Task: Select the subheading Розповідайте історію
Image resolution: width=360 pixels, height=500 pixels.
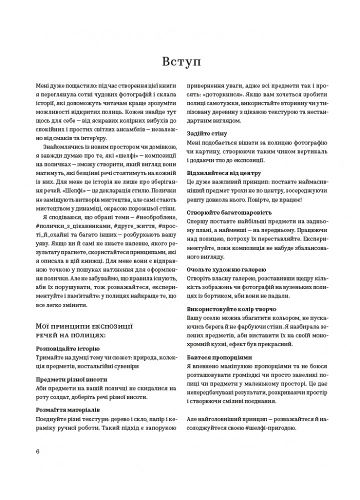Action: coord(68,348)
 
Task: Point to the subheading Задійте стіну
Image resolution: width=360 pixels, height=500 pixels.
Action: coord(207,133)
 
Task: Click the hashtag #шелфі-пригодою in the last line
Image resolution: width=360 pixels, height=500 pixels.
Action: coord(270,428)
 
